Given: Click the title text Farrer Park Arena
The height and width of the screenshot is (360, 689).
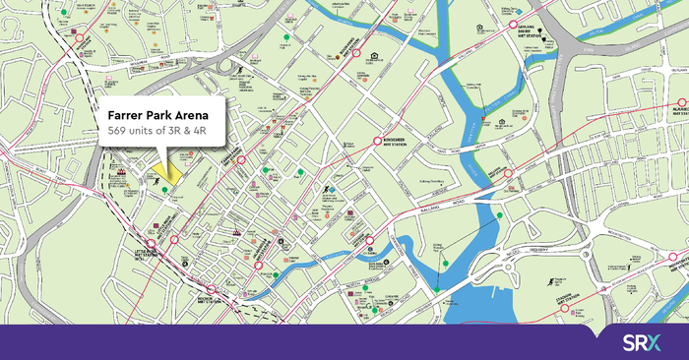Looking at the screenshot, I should pos(164,116).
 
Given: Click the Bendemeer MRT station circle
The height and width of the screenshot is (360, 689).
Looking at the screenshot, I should pos(375,142).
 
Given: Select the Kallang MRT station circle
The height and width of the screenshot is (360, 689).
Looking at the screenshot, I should pos(510,175).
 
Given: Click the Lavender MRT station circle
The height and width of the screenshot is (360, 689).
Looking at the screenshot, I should pos(370,240).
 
